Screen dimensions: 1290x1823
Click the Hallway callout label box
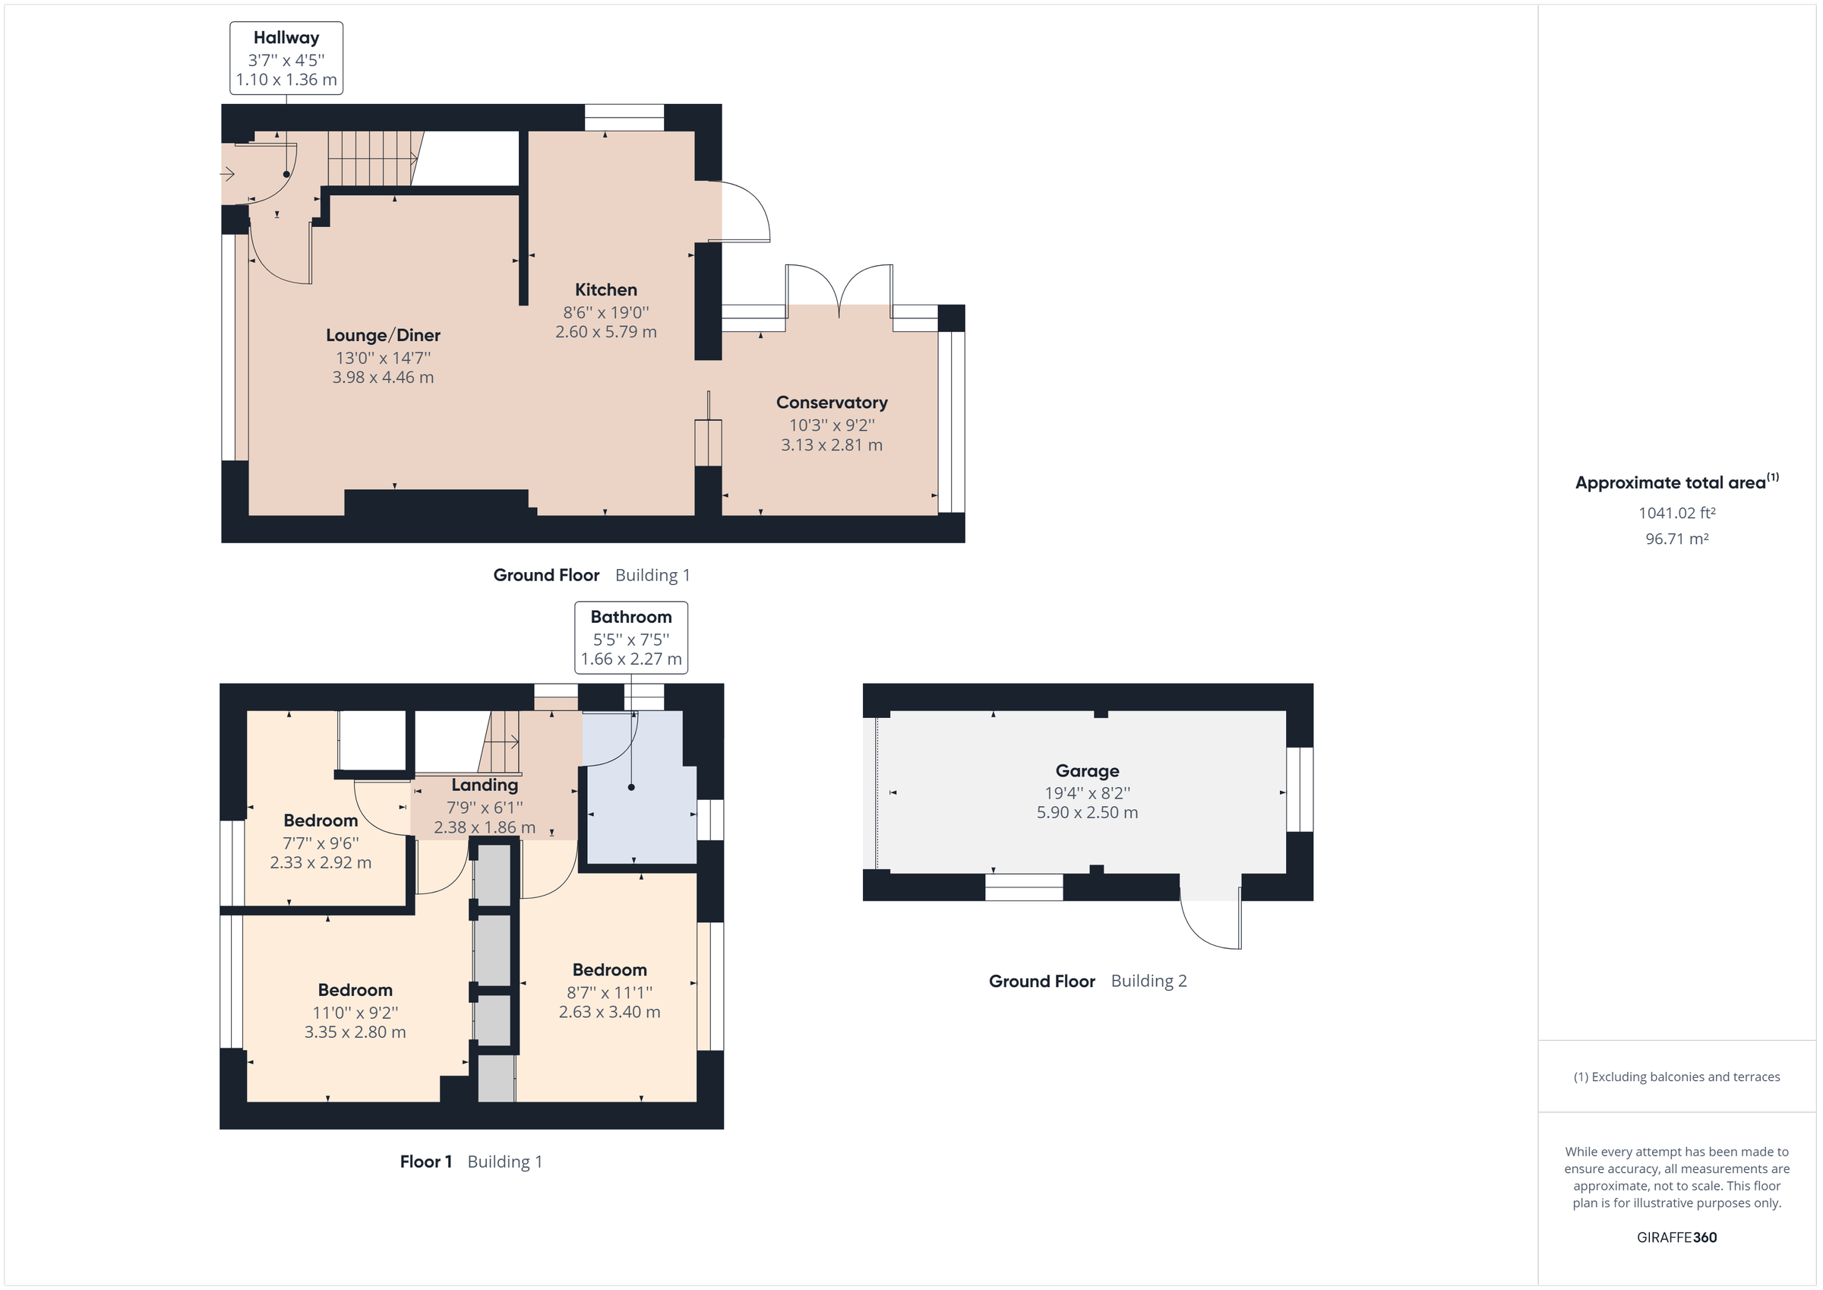click(286, 58)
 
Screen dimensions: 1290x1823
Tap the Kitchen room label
click(606, 290)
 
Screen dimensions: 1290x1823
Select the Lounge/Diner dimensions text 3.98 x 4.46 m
click(383, 378)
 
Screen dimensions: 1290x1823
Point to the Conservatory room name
click(831, 403)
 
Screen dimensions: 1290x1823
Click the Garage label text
click(1087, 770)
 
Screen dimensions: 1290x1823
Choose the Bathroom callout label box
click(630, 638)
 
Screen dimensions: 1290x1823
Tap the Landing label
click(485, 785)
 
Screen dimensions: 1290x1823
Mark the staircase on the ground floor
click(371, 159)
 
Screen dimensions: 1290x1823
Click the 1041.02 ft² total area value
click(1676, 513)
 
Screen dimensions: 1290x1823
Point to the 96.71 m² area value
click(1676, 539)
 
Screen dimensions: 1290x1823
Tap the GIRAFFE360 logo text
click(1676, 1237)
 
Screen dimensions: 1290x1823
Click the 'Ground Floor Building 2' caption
click(1087, 981)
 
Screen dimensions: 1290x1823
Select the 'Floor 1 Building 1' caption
click(471, 1162)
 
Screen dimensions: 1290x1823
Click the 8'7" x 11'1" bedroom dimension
click(609, 992)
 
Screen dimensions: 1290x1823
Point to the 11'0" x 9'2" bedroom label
click(355, 1012)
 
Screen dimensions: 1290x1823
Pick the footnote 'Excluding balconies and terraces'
click(1676, 1077)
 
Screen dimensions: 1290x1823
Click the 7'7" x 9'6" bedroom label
click(321, 843)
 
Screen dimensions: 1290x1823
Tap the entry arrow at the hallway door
click(228, 174)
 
